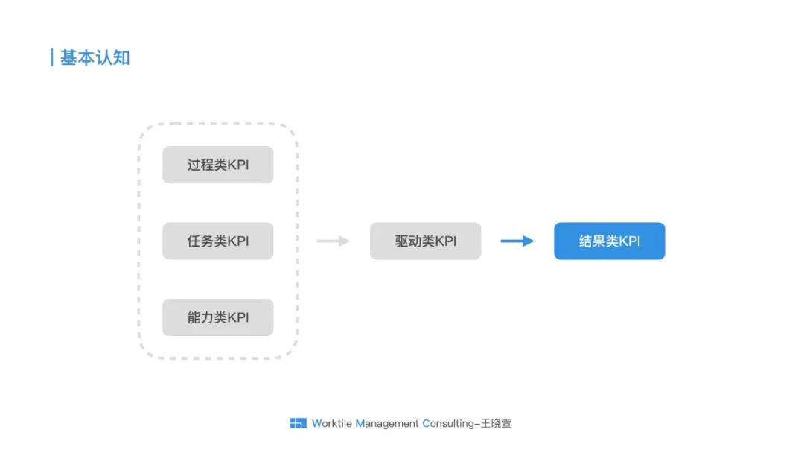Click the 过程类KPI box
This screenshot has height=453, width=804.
click(x=217, y=165)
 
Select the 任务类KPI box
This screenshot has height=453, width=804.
click(x=217, y=241)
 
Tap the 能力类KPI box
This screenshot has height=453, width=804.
click(x=217, y=317)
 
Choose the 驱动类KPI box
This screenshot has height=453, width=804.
click(x=425, y=241)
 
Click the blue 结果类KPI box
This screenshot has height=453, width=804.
click(x=609, y=241)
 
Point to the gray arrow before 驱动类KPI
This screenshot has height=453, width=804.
click(x=333, y=241)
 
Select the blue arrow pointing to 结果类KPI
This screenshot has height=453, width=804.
click(x=517, y=241)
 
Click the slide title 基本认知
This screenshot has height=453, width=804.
click(x=95, y=58)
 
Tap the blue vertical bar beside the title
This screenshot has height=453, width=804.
click(x=51, y=57)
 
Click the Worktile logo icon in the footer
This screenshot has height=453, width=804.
click(x=298, y=423)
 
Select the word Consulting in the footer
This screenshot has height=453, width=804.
click(x=448, y=423)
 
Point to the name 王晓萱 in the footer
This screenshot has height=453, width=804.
click(x=496, y=423)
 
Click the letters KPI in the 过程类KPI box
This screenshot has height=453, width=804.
click(x=238, y=165)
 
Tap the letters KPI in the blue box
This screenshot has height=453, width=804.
click(x=630, y=241)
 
